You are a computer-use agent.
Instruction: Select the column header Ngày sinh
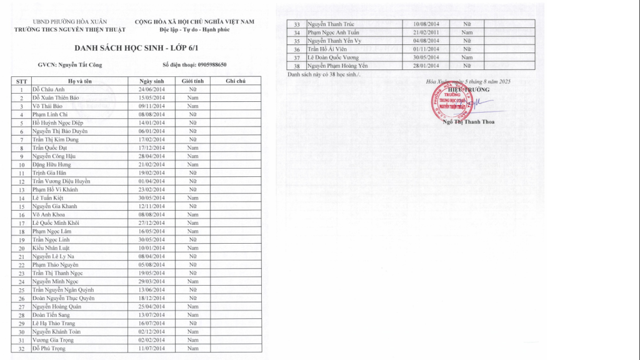click(x=150, y=81)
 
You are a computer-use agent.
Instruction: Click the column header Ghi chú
click(x=235, y=81)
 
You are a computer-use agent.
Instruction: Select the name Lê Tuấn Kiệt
click(x=49, y=197)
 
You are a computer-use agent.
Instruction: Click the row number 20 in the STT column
click(x=21, y=248)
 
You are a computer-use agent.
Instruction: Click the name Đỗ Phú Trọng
click(x=49, y=348)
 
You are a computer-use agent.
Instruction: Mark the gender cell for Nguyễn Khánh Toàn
click(x=192, y=331)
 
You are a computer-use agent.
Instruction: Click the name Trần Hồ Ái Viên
click(x=326, y=49)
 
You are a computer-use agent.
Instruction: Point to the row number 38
click(x=297, y=66)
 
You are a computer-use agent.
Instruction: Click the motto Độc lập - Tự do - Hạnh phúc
click(x=194, y=29)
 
